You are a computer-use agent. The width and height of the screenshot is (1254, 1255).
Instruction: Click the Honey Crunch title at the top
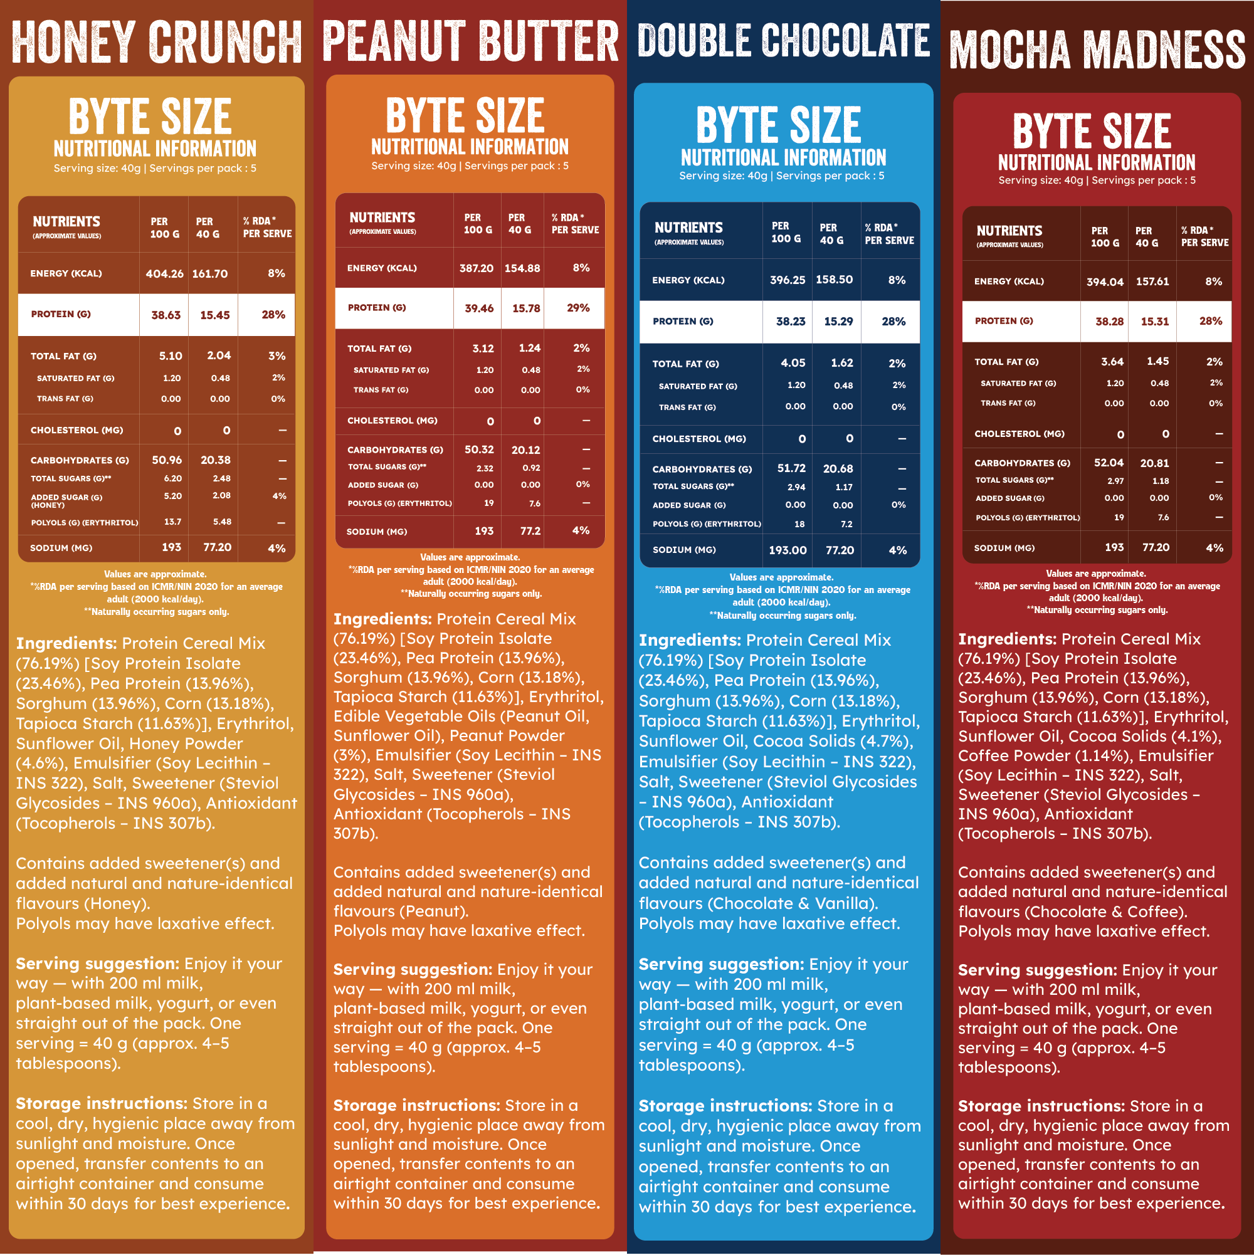tap(157, 42)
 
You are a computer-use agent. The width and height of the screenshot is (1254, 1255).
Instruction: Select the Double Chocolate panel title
tap(784, 40)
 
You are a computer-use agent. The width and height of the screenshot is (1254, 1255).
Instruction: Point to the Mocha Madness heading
tap(1097, 50)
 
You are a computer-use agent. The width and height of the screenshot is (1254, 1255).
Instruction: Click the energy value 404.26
tap(164, 274)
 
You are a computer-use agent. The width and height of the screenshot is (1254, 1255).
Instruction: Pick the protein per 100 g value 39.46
tap(479, 308)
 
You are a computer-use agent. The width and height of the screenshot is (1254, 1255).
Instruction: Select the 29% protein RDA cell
tap(577, 308)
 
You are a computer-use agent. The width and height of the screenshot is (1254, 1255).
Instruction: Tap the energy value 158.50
tap(835, 280)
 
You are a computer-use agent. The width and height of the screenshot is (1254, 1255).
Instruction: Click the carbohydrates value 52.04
tap(1109, 463)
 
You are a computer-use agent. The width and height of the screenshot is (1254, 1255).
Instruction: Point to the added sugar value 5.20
tap(172, 496)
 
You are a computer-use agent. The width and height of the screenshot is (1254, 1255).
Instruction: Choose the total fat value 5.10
tap(171, 356)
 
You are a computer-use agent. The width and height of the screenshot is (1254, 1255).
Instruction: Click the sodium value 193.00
tap(788, 551)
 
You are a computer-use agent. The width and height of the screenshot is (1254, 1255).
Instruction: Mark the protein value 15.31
tap(1154, 322)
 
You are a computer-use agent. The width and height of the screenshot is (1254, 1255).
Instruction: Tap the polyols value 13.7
tap(172, 522)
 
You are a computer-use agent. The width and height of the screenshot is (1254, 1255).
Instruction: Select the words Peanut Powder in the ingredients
tap(507, 736)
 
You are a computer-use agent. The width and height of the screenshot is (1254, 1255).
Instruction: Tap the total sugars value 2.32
tap(484, 468)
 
